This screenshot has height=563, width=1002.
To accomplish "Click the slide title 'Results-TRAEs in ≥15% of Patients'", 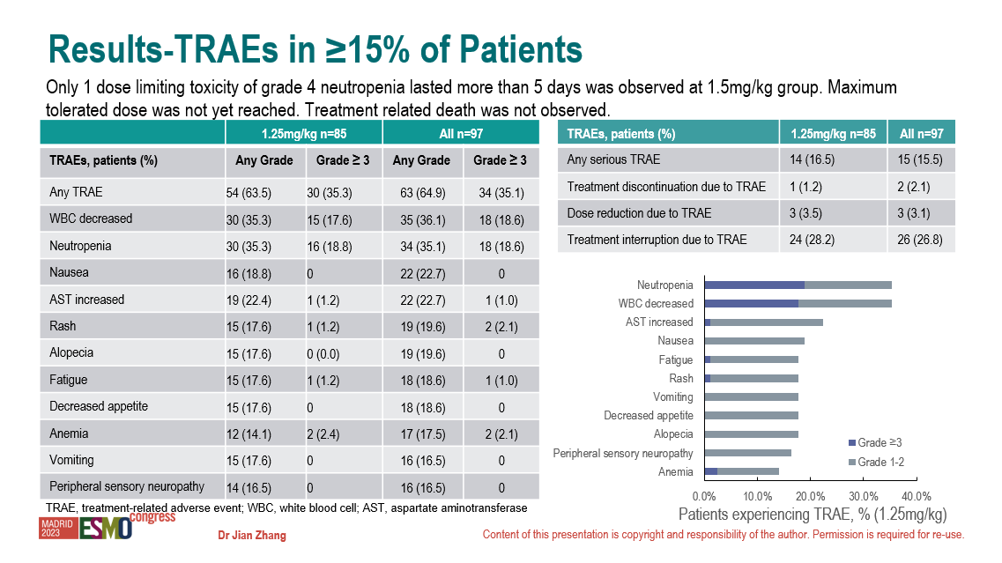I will (315, 50).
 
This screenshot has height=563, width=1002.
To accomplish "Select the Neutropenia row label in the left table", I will (80, 246).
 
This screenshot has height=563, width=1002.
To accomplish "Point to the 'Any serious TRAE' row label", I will (613, 160).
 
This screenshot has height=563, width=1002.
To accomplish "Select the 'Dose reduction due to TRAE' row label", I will (639, 213).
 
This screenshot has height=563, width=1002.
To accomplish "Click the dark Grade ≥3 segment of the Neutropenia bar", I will (754, 285).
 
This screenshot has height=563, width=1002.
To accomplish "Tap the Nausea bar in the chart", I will (754, 341).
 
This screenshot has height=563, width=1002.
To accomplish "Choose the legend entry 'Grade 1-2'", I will (880, 462).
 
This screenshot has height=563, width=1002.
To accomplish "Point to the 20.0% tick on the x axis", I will (810, 496).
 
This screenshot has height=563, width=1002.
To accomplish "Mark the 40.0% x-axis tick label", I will (917, 496).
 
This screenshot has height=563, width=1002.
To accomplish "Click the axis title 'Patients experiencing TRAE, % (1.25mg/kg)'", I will (812, 515).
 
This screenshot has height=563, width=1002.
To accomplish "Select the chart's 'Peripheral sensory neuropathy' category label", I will (623, 453).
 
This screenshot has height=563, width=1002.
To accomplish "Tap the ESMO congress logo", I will (106, 527).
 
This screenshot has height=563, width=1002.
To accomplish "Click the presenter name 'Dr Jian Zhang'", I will (252, 536).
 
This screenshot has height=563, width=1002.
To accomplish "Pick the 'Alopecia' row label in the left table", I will (71, 352).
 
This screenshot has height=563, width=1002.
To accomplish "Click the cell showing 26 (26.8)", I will (921, 240).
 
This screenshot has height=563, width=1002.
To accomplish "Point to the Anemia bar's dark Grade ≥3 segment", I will (711, 471).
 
